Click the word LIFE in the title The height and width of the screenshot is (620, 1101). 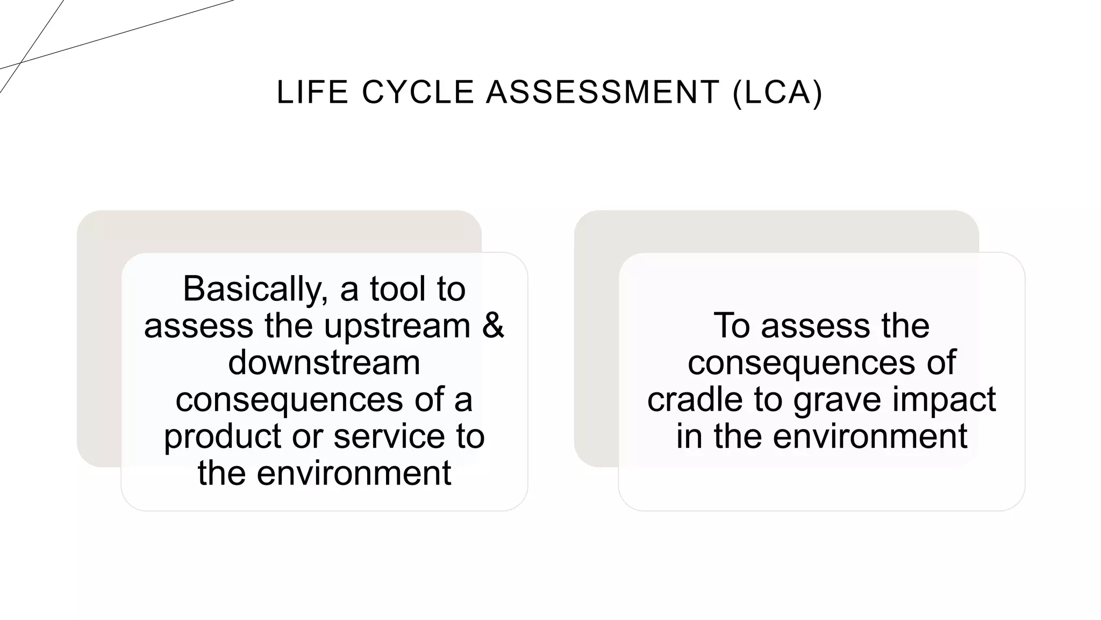click(312, 92)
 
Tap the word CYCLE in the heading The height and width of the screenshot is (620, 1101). click(418, 92)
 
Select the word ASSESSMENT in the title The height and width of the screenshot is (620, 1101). click(603, 92)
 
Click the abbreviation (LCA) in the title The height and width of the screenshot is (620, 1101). click(777, 92)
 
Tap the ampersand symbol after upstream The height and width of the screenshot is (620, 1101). click(493, 326)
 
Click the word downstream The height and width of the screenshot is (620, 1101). click(324, 362)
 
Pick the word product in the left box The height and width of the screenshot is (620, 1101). click(222, 436)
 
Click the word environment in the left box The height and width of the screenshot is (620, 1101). click(353, 473)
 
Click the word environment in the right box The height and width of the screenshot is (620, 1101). click(870, 436)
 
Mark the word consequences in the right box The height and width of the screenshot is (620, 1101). click(802, 363)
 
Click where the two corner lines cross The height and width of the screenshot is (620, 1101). click(20, 63)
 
